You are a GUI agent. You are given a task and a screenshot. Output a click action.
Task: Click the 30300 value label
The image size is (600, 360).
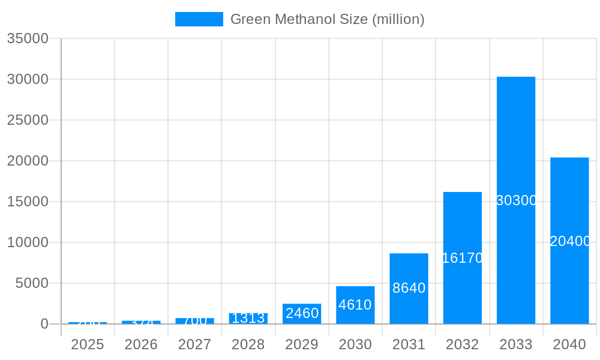[x=516, y=200]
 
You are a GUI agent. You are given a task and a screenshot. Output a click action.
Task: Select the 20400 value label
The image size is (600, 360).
[x=570, y=241]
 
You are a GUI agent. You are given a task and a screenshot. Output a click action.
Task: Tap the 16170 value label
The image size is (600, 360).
[x=463, y=258]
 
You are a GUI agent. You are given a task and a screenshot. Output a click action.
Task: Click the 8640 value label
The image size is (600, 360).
[x=409, y=288]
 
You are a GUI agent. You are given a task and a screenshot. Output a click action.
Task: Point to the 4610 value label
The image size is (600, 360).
[x=355, y=305]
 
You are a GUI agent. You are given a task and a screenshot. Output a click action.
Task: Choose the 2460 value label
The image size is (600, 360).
[x=302, y=313]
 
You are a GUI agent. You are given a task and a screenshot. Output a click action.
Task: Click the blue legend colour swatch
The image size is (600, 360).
[x=199, y=19]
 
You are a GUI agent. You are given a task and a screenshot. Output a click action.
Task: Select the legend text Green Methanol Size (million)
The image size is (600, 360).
[x=327, y=19]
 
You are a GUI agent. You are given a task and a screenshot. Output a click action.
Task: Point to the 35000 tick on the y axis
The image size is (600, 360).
[x=27, y=38]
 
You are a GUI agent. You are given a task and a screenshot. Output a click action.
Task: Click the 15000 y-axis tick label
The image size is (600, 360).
[x=27, y=202]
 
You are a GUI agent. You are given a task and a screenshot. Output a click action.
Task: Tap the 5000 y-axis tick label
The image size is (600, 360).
[x=31, y=283]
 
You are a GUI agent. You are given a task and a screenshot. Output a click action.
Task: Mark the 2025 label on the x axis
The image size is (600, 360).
[x=88, y=344]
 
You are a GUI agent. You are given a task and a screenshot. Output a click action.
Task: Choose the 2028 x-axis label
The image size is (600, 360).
[x=248, y=344]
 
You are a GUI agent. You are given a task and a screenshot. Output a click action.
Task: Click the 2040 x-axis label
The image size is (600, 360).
[x=569, y=344]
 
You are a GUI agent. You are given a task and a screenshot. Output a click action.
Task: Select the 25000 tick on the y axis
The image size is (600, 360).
[x=27, y=120]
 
